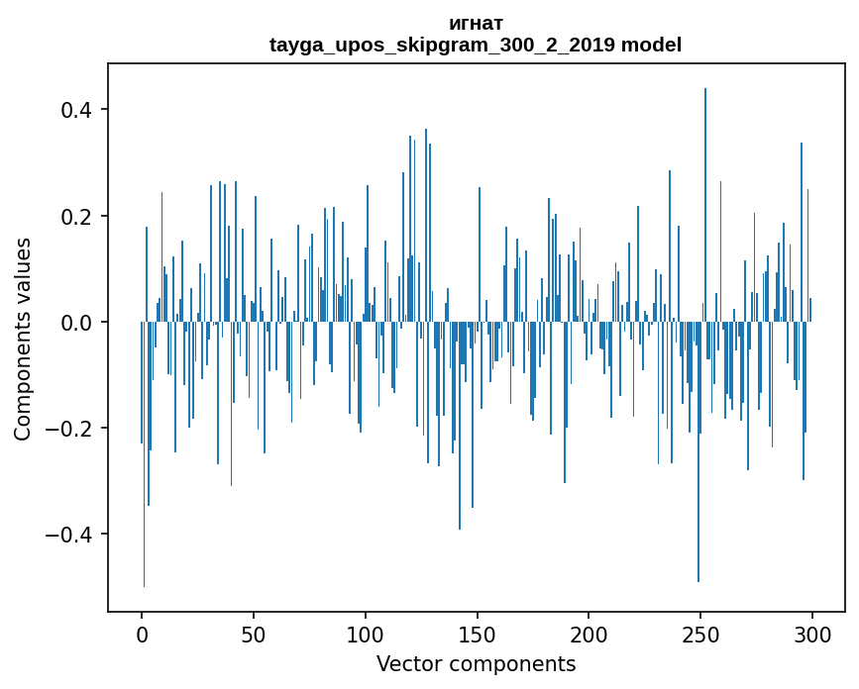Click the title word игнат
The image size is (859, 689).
tap(476, 23)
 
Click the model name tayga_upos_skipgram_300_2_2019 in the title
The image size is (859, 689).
tap(442, 45)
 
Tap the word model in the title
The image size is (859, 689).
tap(651, 45)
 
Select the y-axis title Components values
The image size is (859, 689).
tap(23, 339)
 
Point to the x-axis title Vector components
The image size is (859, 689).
tap(476, 663)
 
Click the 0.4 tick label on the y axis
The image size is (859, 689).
tap(77, 109)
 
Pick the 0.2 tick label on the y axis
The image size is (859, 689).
tap(77, 216)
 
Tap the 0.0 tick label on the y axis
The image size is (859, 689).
tap(77, 323)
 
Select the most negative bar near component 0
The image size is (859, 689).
tap(144, 455)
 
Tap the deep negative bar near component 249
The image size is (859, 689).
tap(698, 455)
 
